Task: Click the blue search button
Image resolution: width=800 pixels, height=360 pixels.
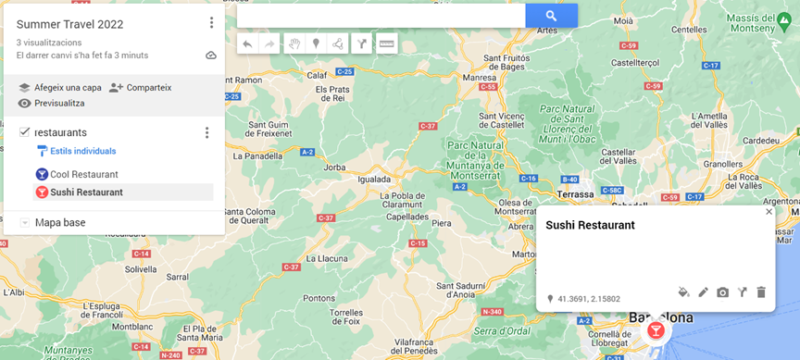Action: (551, 16)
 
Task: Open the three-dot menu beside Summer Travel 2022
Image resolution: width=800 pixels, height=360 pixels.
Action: (211, 23)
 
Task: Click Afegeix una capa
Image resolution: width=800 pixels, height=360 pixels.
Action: (60, 88)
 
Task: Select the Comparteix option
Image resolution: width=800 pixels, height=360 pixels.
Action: (141, 88)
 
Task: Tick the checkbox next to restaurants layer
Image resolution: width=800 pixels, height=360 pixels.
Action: (25, 132)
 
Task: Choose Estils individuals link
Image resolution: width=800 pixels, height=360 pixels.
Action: (82, 151)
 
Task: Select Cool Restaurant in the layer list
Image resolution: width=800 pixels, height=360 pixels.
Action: (83, 174)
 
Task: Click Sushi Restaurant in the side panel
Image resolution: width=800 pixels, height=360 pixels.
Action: (86, 192)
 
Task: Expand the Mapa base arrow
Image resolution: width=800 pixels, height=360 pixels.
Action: (25, 223)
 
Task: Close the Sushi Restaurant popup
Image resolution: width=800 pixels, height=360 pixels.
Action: (769, 212)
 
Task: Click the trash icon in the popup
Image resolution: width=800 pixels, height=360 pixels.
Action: (761, 292)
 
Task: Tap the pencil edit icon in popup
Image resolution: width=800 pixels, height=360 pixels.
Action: (703, 292)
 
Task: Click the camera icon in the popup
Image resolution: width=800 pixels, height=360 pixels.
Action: (722, 292)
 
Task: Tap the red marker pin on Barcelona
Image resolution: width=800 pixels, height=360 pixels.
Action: (656, 329)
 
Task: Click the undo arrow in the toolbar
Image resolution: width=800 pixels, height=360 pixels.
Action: (247, 43)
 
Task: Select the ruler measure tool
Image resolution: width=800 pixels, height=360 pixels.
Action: (386, 43)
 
